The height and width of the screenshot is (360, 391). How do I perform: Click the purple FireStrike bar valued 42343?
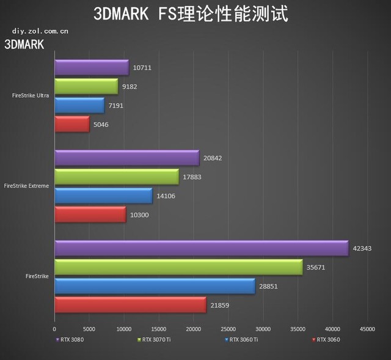click(x=201, y=248)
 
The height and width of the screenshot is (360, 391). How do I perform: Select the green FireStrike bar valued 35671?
click(x=178, y=267)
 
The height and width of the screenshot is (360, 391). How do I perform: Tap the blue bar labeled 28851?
click(x=155, y=285)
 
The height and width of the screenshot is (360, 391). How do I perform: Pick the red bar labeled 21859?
click(x=130, y=304)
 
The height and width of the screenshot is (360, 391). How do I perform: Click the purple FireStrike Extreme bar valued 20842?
click(x=126, y=158)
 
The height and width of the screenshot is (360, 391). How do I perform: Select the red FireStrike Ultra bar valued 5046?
click(x=72, y=124)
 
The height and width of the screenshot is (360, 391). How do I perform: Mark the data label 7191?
click(x=117, y=106)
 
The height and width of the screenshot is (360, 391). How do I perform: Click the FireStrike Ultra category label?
click(x=31, y=95)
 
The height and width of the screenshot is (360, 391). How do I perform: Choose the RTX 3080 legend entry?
click(x=71, y=339)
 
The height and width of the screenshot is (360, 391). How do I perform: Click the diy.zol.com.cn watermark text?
click(x=40, y=29)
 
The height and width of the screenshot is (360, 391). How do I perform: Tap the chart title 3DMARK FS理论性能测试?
click(x=191, y=13)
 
